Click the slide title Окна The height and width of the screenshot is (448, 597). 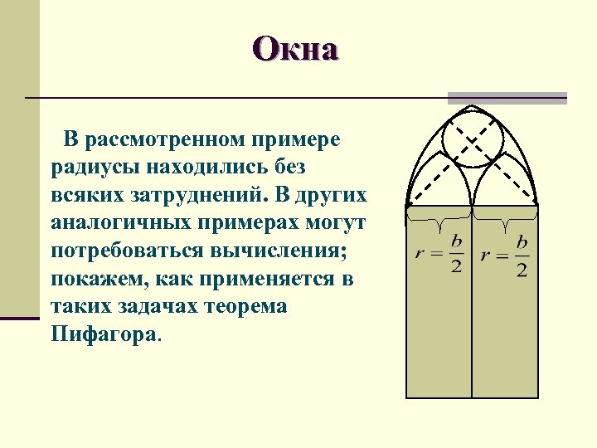(x=297, y=50)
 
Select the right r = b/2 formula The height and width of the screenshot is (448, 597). (x=505, y=255)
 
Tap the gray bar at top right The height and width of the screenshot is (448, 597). (x=507, y=98)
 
